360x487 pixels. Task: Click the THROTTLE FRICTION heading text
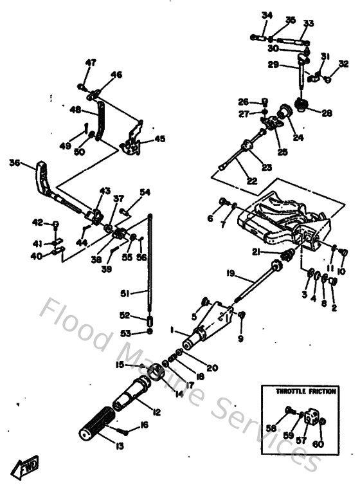pos(301,391)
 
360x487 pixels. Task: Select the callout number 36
pos(15,163)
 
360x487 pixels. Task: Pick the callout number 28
pos(327,113)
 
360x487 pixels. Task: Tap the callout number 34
pos(267,15)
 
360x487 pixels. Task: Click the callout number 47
pos(91,62)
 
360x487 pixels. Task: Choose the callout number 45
pos(159,139)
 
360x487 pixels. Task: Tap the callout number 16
pos(143,425)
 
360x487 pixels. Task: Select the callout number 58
pos(271,427)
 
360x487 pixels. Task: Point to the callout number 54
pos(145,192)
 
